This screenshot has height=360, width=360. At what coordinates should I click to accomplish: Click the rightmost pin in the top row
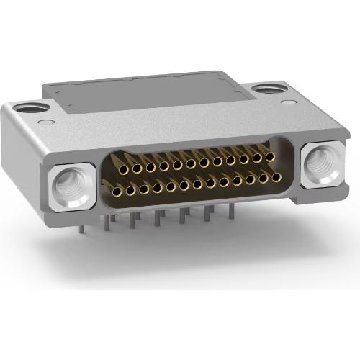coord(270,156)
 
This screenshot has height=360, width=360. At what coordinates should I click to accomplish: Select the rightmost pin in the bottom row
coord(276,175)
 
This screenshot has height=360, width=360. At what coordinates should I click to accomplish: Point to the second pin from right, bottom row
coord(264,176)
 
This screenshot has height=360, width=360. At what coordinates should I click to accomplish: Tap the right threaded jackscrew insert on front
coord(317,164)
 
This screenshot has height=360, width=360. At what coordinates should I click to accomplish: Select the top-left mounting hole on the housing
coord(32,109)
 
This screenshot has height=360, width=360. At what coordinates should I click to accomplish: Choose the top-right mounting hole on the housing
coord(269,90)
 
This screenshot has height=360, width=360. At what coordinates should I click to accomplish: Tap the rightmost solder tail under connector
coord(232,210)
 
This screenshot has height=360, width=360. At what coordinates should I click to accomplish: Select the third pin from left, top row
coord(150,166)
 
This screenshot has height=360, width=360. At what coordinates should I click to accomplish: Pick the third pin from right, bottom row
coord(251,178)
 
